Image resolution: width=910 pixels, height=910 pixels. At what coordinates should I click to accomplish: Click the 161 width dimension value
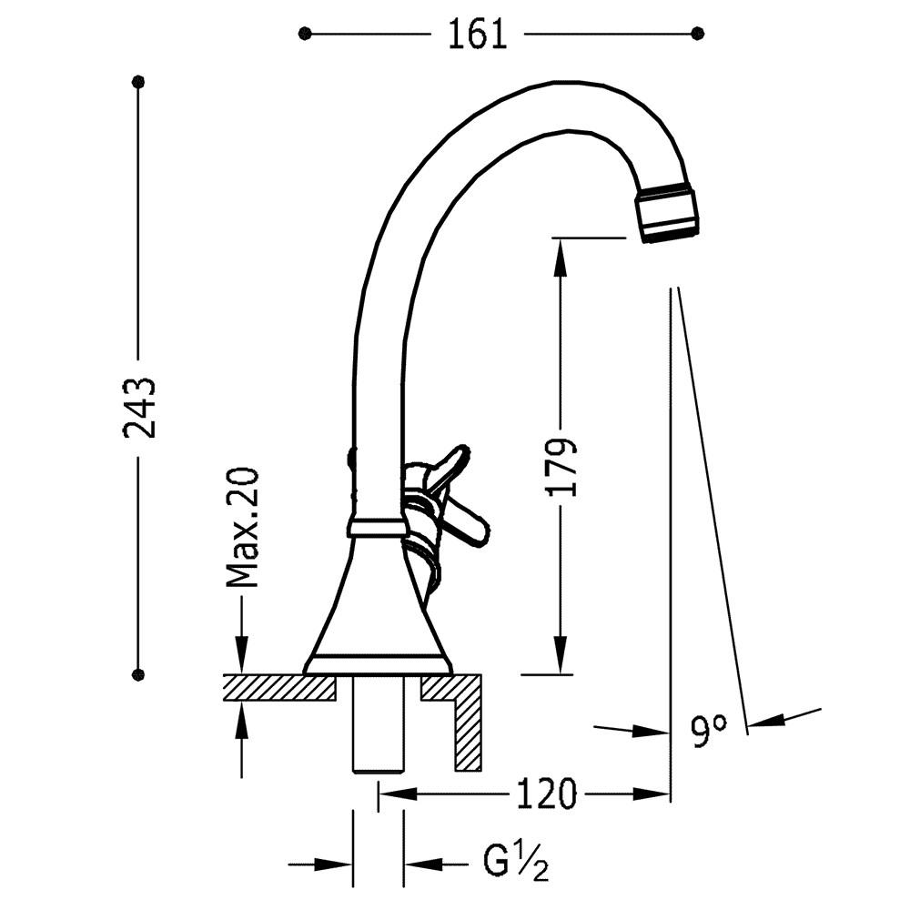tap(478, 35)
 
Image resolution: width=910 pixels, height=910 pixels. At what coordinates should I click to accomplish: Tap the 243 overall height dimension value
tap(139, 408)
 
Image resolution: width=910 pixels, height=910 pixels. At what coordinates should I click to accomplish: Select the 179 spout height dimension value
tap(561, 468)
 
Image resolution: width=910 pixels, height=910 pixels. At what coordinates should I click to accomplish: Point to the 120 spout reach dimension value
tap(547, 794)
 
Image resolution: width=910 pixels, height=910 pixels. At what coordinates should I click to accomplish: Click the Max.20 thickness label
tap(241, 527)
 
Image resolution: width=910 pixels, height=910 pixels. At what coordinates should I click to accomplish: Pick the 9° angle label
tap(709, 731)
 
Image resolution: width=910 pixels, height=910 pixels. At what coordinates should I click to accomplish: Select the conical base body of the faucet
tap(378, 603)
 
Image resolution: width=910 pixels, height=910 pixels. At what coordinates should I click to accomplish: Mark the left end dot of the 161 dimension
tap(305, 35)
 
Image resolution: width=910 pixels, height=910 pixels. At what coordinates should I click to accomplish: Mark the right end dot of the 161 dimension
tap(698, 35)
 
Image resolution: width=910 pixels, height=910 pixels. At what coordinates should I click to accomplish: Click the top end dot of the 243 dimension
tap(138, 82)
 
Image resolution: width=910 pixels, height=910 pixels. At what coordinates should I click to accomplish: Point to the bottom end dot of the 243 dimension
tap(138, 674)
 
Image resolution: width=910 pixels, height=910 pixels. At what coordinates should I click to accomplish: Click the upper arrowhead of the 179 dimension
tap(560, 258)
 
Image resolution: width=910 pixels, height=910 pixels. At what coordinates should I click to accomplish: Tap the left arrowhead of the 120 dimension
tap(399, 794)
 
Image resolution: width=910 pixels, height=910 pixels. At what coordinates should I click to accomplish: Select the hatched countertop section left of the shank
tap(280, 688)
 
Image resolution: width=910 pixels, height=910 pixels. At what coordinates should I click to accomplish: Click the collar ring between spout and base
tap(378, 527)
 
